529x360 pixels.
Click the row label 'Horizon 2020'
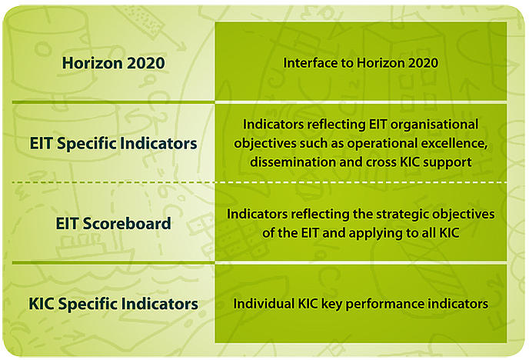coord(113,63)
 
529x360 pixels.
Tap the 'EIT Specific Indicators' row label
coord(113,143)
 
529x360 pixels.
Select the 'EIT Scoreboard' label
coord(113,223)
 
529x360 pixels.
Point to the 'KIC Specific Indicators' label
coord(113,304)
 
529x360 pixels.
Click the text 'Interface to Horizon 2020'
coord(361,63)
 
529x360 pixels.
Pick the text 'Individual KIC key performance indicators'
coord(361,304)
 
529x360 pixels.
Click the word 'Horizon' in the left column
coord(88,63)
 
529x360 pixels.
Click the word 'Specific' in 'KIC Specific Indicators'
coord(88,304)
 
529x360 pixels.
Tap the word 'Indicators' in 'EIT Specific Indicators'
coord(158,143)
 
